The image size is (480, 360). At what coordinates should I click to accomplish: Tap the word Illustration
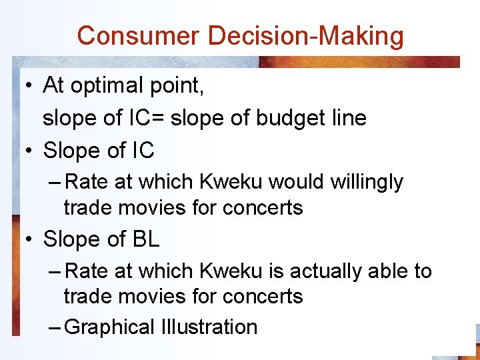tap(209, 327)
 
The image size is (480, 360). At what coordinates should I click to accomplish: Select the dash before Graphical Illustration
tap(56, 327)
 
